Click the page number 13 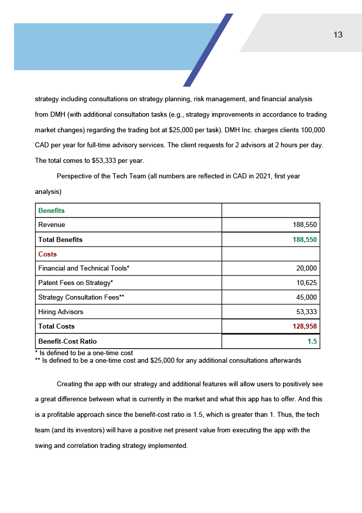338,35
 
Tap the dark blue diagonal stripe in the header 208,50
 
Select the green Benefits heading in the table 51,210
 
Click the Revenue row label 51,225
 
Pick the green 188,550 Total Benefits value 304,239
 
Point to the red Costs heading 47,254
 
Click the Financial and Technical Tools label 83,269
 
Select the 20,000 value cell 306,269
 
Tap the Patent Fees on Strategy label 75,283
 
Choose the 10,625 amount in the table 306,283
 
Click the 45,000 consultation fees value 306,298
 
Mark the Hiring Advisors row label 60,312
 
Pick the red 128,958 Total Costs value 304,327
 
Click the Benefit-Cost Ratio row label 67,341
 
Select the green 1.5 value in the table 312,341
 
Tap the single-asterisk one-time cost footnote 84,353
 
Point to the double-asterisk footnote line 168,360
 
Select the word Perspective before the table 74,176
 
